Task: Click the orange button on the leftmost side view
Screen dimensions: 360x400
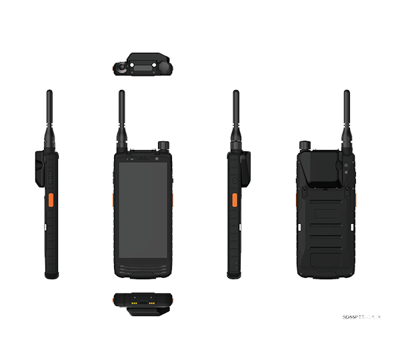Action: coord(50,202)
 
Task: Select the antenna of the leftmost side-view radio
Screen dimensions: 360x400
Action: coord(49,117)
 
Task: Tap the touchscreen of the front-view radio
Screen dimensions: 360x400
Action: coord(142,210)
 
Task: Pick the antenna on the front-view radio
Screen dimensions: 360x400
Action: coord(122,117)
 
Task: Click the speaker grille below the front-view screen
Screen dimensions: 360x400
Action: coord(142,270)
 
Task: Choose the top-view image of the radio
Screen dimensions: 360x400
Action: coord(142,65)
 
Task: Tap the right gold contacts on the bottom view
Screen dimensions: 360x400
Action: coord(153,301)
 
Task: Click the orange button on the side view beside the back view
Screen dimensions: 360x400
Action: coord(234,202)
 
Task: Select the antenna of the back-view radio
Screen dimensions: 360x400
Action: coord(347,117)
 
